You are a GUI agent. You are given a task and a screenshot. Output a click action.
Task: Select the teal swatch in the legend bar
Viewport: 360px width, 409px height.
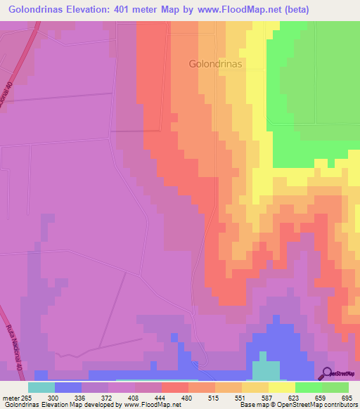click(x=41, y=387)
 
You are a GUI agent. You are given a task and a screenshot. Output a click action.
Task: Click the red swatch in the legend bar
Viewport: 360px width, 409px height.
click(x=174, y=387)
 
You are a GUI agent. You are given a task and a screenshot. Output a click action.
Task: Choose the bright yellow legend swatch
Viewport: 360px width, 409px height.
click(x=281, y=387)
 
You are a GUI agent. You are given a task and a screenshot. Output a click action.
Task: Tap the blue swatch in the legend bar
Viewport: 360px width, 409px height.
click(x=67, y=387)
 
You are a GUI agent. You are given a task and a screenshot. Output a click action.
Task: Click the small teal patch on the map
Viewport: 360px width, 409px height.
click(x=265, y=370)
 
